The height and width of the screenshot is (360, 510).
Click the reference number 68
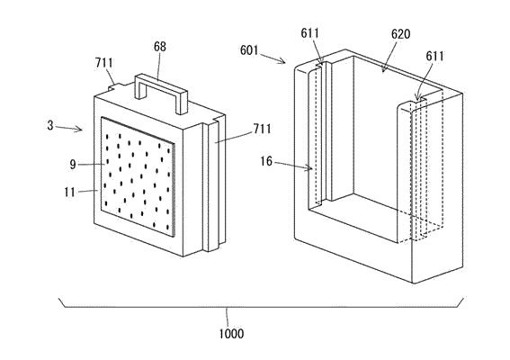pos(160,47)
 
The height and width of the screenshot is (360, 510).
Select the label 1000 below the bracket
pos(231,334)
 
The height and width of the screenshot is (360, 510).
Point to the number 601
pos(249,50)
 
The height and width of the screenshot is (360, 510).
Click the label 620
pos(400,34)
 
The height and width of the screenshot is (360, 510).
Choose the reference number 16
pos(266,161)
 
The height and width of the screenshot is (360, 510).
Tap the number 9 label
pos(73,165)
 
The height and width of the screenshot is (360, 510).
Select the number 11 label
pos(69,192)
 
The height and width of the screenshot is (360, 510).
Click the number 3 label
pos(50,125)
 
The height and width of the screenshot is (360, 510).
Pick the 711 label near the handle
pos(104,63)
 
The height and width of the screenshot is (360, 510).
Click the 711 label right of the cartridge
pos(262,130)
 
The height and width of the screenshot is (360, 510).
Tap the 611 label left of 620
pos(309,33)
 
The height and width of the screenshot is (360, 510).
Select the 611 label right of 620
pos(434,57)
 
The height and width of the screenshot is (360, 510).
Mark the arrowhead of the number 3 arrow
pos(80,130)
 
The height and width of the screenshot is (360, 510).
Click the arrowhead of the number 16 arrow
pos(310,168)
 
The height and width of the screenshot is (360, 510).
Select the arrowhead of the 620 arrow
pos(384,69)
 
